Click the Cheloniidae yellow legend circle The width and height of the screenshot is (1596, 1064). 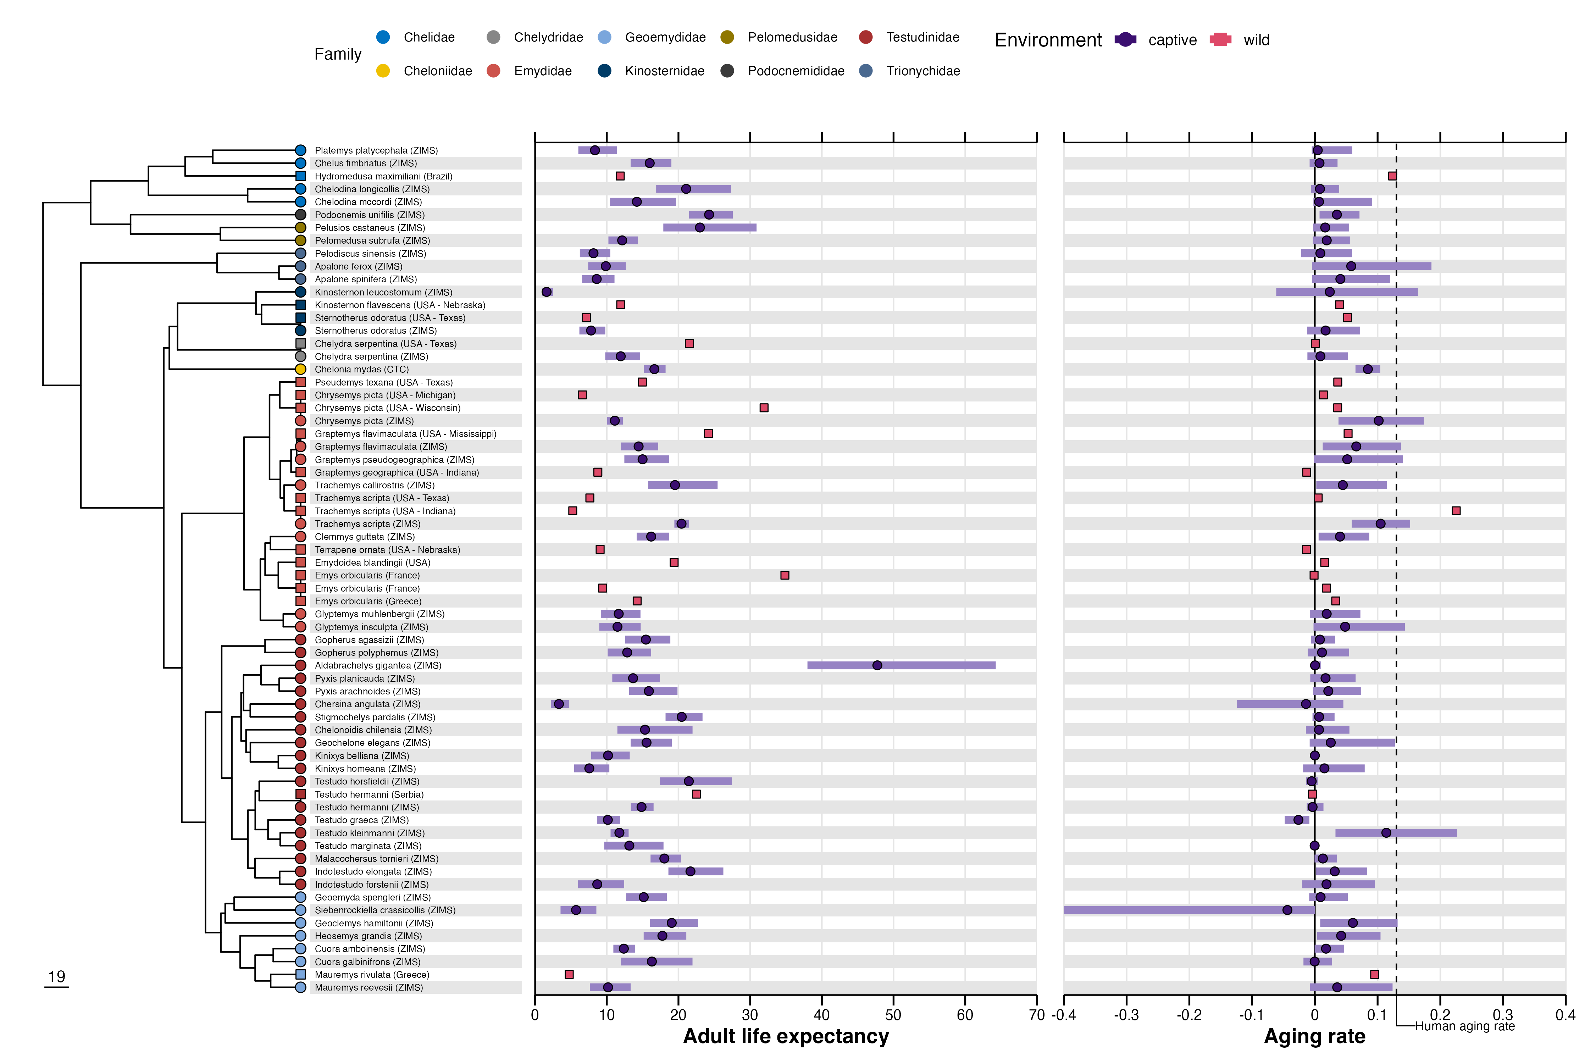[383, 71]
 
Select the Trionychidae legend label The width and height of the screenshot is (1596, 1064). [923, 71]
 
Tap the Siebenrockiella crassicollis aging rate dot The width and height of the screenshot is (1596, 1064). [1287, 910]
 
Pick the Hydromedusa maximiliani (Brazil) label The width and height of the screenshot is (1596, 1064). [383, 176]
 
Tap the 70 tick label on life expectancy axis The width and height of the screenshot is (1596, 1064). [1036, 1015]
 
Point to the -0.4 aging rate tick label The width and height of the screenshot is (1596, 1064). [1063, 1015]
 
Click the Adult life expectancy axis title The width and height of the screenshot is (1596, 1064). [786, 1036]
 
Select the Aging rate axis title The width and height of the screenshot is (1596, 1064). [1314, 1036]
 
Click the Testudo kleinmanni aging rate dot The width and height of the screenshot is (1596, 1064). [1386, 833]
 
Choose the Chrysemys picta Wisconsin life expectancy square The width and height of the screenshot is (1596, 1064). [764, 408]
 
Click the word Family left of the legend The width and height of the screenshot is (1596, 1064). [338, 54]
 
